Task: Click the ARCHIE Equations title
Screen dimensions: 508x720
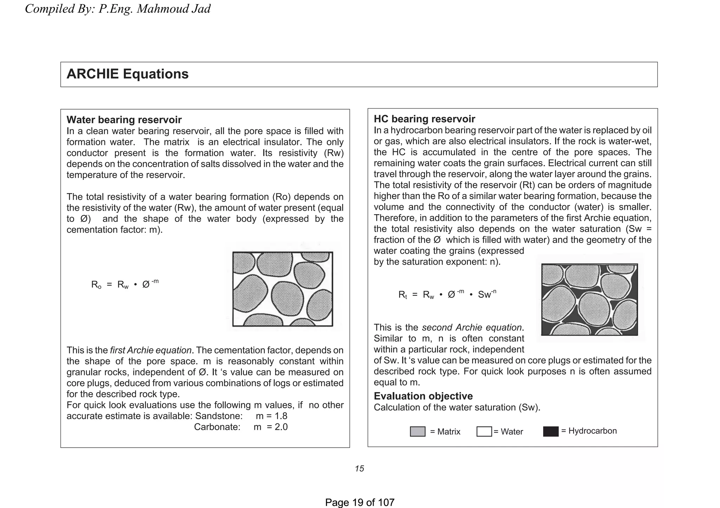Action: click(128, 74)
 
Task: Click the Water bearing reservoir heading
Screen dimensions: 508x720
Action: click(124, 120)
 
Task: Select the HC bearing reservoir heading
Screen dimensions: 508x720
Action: click(424, 119)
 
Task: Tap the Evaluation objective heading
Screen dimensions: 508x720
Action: click(423, 396)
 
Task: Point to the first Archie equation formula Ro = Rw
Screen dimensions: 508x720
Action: click(125, 284)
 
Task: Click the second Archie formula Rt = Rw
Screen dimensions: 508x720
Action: click(447, 294)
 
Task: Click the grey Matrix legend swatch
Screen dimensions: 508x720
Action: click(418, 431)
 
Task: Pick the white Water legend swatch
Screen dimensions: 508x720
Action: click(484, 431)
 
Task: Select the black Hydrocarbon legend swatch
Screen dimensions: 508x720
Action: click(551, 431)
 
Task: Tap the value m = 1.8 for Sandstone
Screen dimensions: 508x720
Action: click(271, 416)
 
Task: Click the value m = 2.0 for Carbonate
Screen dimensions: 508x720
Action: click(271, 427)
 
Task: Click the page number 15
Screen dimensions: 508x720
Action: click(359, 469)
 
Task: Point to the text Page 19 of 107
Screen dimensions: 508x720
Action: click(360, 502)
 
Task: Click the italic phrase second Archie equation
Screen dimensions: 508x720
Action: click(471, 328)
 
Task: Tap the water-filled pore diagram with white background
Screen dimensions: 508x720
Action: click(283, 289)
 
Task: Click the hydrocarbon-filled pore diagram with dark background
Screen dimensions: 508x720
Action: click(590, 299)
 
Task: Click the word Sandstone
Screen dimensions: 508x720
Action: click(219, 416)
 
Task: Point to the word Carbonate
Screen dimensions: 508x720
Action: click(217, 427)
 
